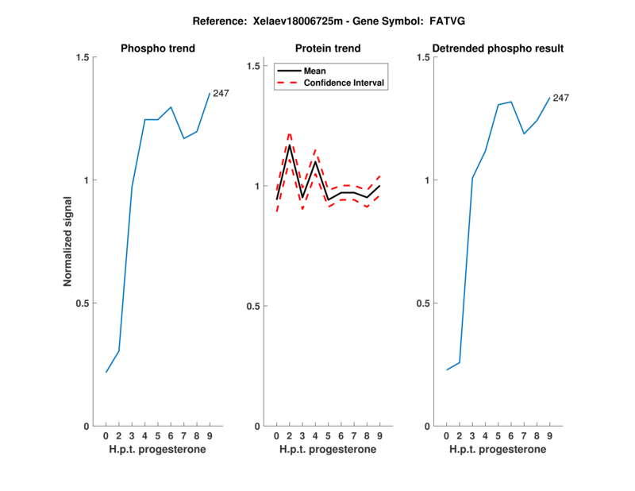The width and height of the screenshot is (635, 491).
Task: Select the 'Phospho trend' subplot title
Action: coord(157,48)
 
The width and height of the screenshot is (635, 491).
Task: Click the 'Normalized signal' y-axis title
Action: coord(67,242)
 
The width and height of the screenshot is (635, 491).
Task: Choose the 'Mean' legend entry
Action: coord(314,71)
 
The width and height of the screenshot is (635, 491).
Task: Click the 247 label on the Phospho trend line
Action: coord(221,94)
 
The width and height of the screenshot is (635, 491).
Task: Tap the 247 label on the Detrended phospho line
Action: coord(560,98)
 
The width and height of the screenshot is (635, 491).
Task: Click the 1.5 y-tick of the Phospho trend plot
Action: coord(82,58)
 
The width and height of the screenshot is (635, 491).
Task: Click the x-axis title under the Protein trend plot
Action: coord(327,450)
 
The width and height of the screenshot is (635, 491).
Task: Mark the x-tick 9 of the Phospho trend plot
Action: coord(210,436)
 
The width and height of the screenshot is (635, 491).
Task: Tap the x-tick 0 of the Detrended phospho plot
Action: coord(447,436)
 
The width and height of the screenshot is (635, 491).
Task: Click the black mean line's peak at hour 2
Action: coord(289,145)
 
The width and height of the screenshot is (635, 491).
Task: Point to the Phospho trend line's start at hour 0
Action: coord(106,372)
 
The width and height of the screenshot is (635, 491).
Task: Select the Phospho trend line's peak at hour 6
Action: coord(171,106)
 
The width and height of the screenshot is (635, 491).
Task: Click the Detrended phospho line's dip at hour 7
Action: coord(524,133)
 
